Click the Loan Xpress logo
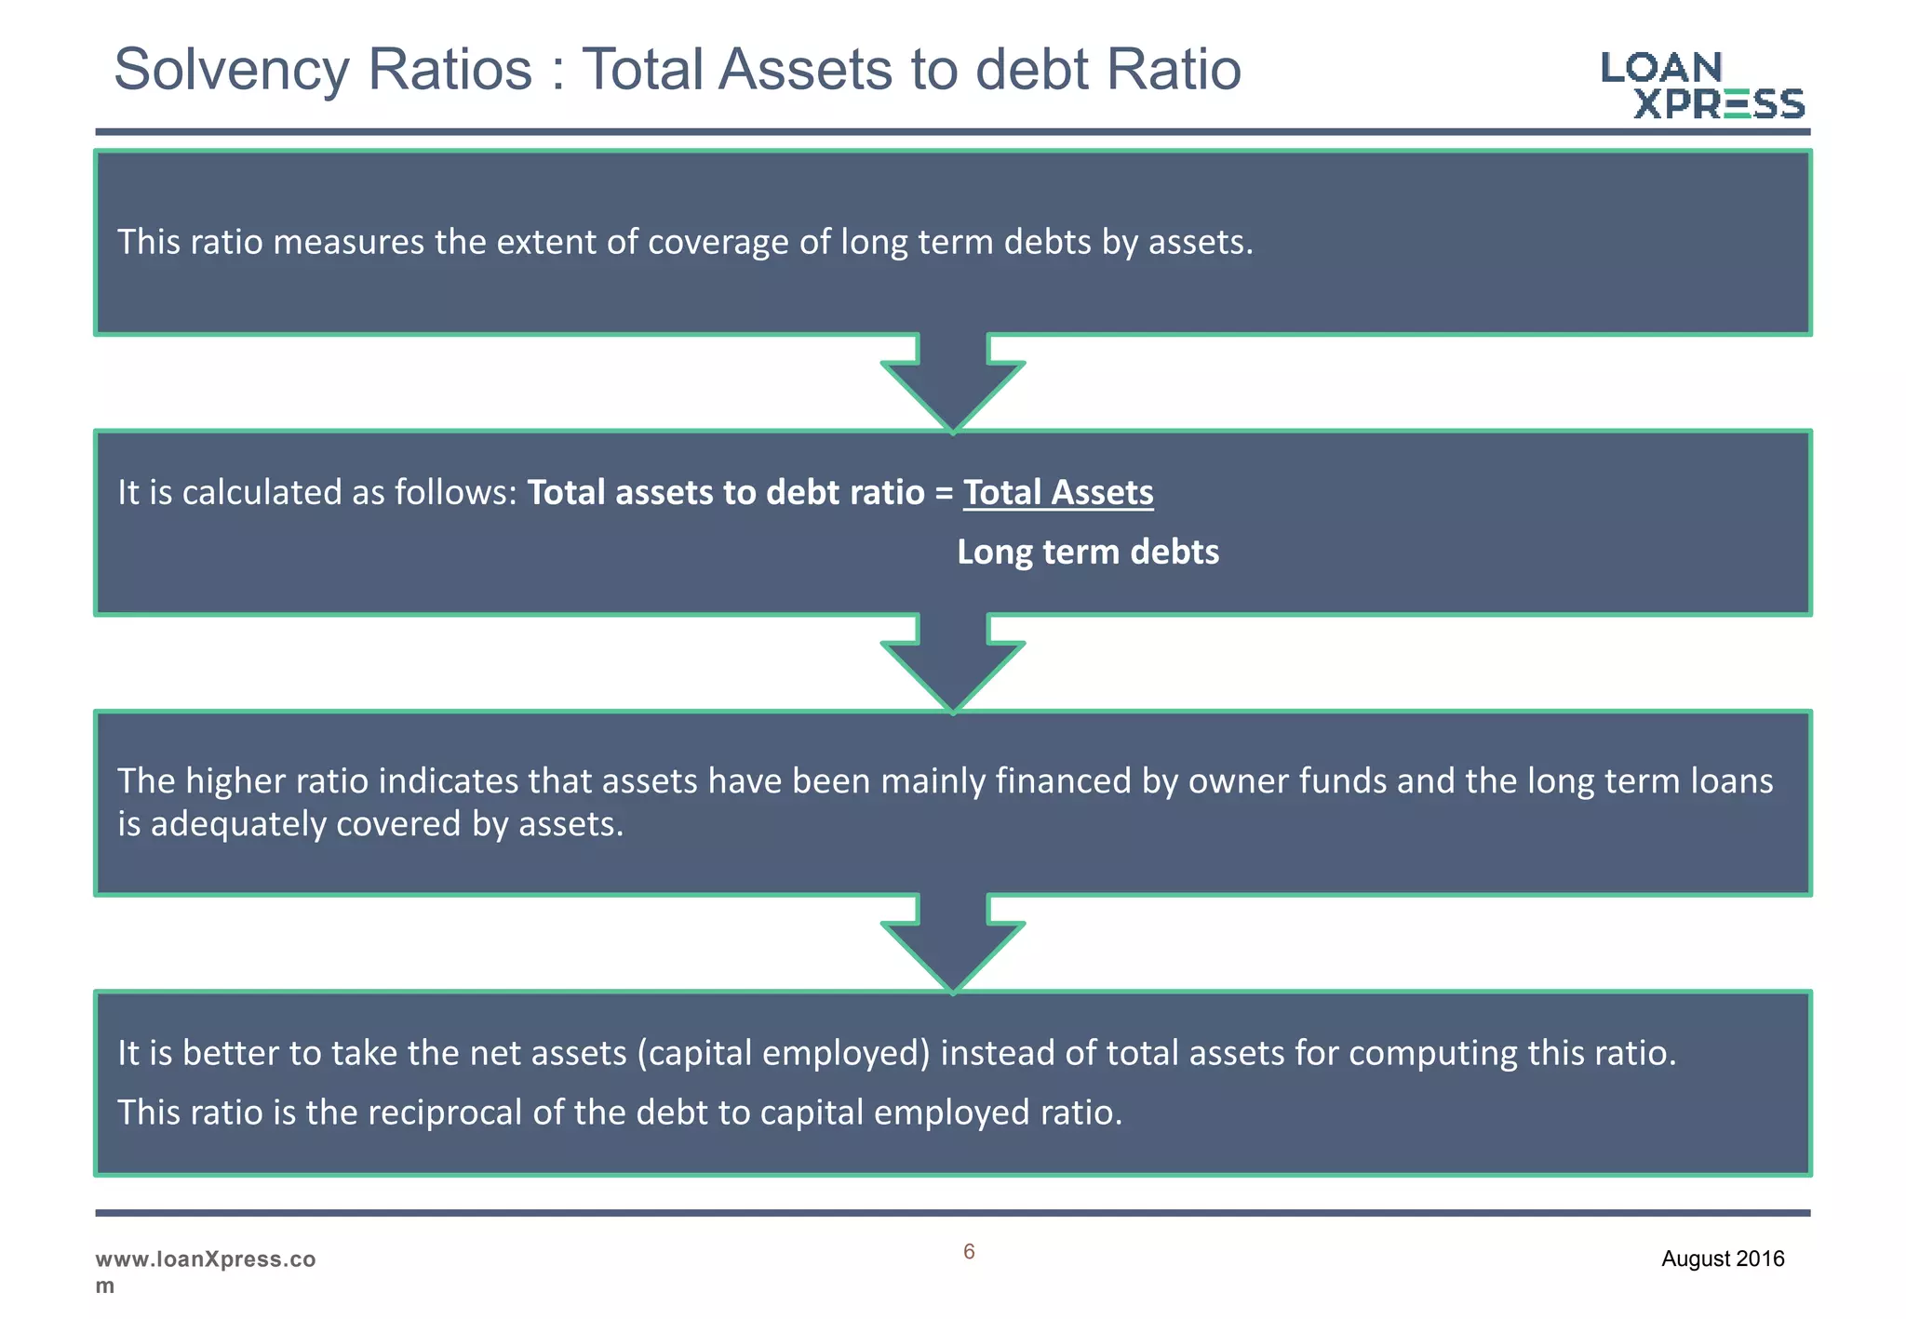pos(1702,86)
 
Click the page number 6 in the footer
pos(969,1252)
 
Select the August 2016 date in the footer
pos(1723,1259)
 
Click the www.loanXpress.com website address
pos(205,1271)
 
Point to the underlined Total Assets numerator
pos(1058,493)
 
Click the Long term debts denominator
pos(1088,553)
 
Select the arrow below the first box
pos(953,383)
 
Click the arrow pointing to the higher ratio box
pos(953,664)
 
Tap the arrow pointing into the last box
pos(953,945)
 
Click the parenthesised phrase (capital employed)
pos(784,1054)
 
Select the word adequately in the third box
pos(238,825)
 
